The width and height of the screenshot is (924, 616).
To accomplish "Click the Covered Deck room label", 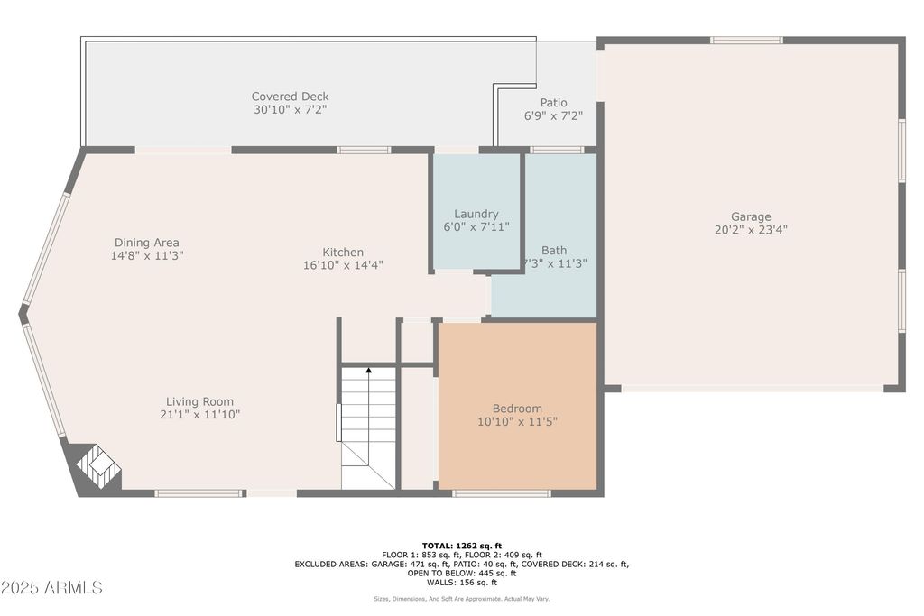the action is pyautogui.click(x=290, y=97).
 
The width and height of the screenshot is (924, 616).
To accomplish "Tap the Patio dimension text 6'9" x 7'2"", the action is pyautogui.click(x=553, y=116).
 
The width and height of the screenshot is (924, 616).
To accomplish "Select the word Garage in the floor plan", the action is pyautogui.click(x=751, y=216).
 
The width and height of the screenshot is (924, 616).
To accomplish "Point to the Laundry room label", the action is pyautogui.click(x=476, y=214).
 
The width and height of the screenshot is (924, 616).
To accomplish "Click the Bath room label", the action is pyautogui.click(x=554, y=251).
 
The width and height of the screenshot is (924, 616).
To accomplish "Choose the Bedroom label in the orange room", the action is pyautogui.click(x=517, y=409).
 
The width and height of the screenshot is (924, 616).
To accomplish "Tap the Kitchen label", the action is pyautogui.click(x=343, y=252).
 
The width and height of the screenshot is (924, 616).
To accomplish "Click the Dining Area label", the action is pyautogui.click(x=147, y=243).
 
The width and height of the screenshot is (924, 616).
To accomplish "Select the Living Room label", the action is pyautogui.click(x=199, y=401).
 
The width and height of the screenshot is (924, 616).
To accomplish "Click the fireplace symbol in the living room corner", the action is pyautogui.click(x=98, y=466).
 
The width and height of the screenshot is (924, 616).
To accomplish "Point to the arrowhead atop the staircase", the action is pyautogui.click(x=369, y=371).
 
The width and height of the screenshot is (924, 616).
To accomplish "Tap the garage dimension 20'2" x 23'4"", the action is pyautogui.click(x=751, y=230).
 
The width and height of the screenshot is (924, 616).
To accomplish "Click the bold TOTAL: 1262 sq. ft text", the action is pyautogui.click(x=462, y=546).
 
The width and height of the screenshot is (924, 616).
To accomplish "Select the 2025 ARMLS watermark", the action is pyautogui.click(x=51, y=587).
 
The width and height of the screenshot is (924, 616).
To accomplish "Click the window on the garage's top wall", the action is pyautogui.click(x=746, y=41).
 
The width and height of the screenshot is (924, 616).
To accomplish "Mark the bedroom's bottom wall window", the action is pyautogui.click(x=502, y=493).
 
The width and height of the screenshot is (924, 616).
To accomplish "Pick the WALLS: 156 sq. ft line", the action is pyautogui.click(x=462, y=583).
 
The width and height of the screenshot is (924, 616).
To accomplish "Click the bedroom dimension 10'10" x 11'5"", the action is pyautogui.click(x=517, y=421).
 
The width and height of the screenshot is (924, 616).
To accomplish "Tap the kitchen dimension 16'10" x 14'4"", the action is pyautogui.click(x=343, y=265).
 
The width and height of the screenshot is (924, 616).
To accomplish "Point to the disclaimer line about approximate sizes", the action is pyautogui.click(x=461, y=599).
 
